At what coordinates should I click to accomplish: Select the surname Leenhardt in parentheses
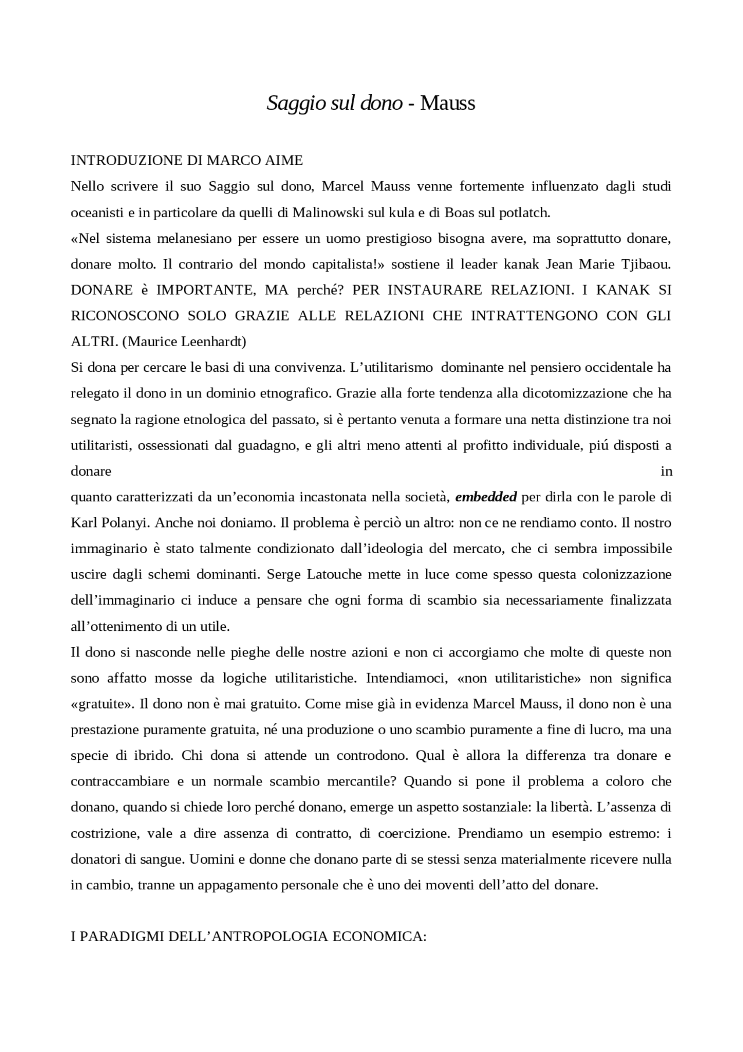[214, 342]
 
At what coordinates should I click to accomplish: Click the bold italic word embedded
[486, 497]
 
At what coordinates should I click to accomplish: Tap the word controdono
[365, 756]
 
